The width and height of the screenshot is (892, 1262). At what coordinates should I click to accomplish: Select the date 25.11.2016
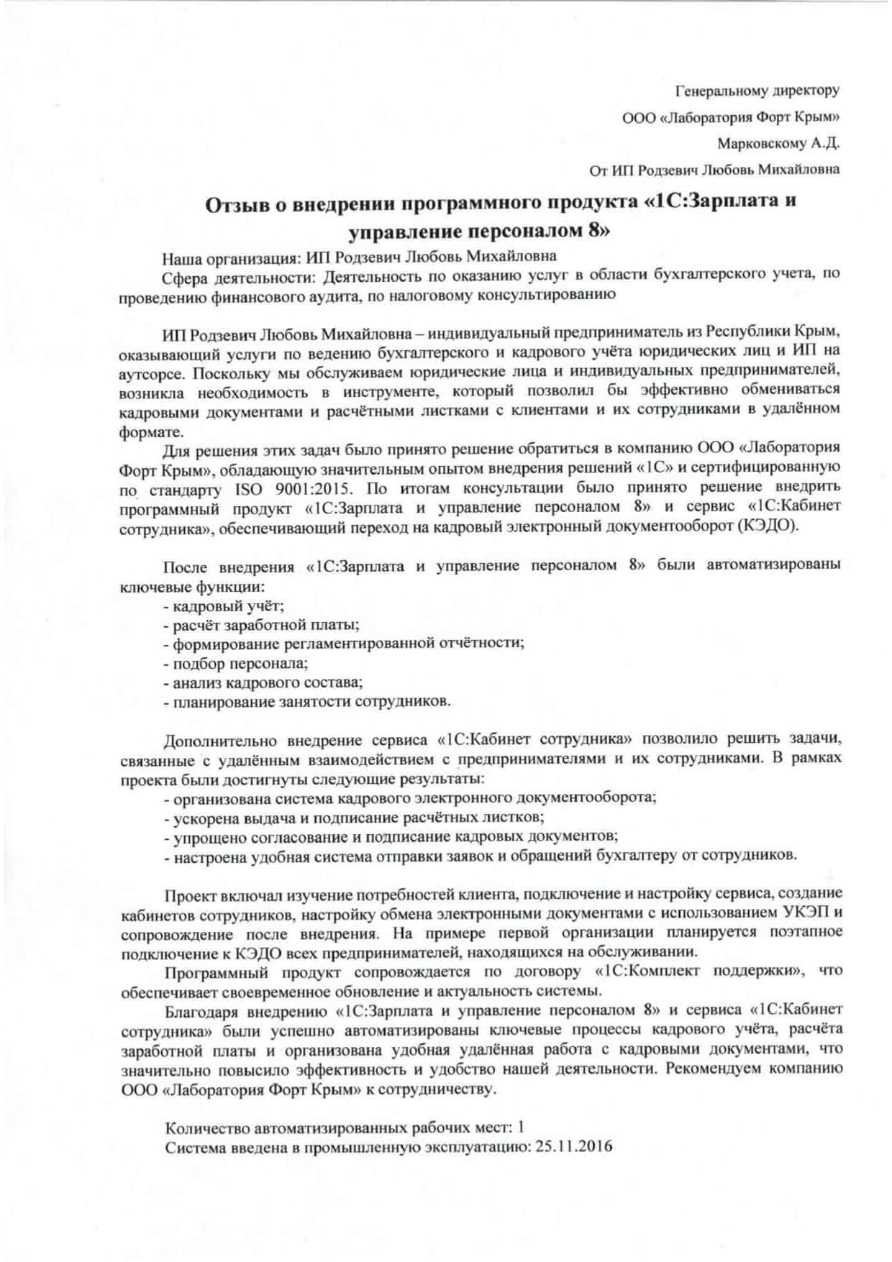click(574, 1147)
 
